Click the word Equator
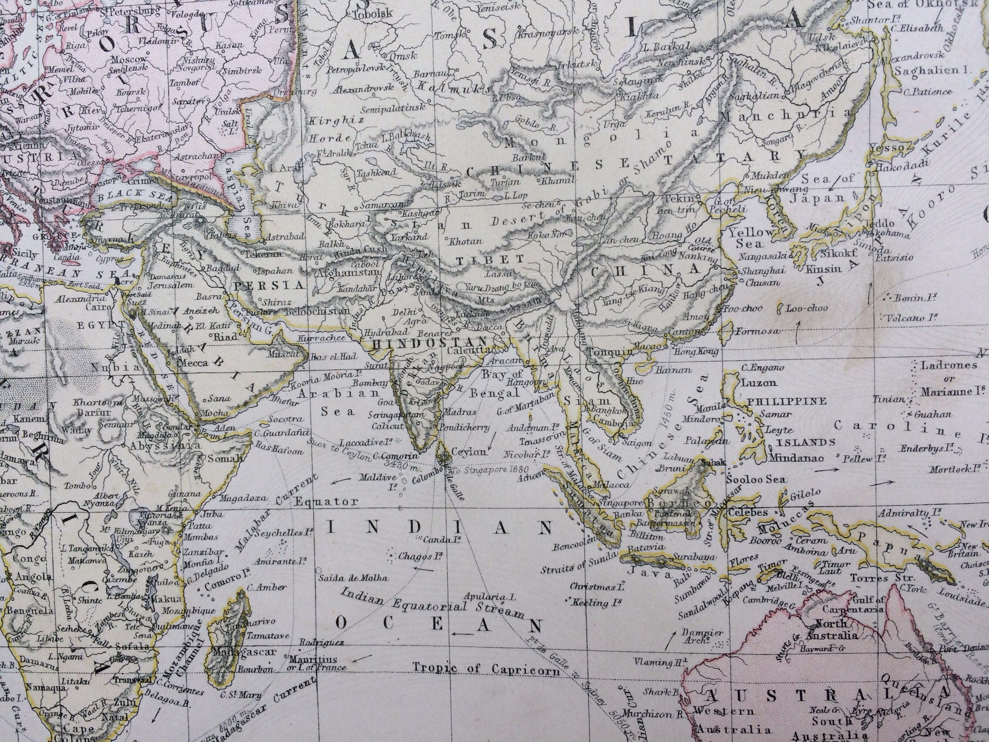326,501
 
